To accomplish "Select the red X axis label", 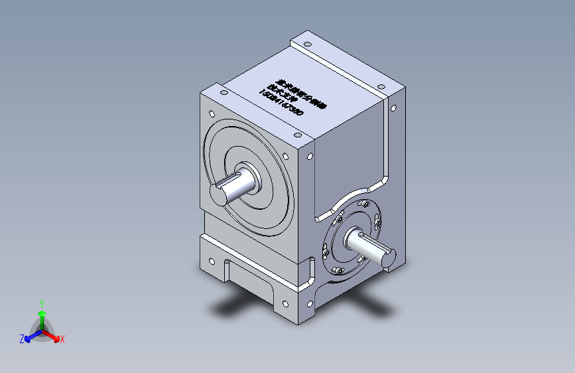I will point(62,340).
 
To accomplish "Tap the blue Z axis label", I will point(22,339).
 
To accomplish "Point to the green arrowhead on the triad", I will point(41,313).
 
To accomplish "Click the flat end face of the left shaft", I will point(218,195).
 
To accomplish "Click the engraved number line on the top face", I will point(281,105).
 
